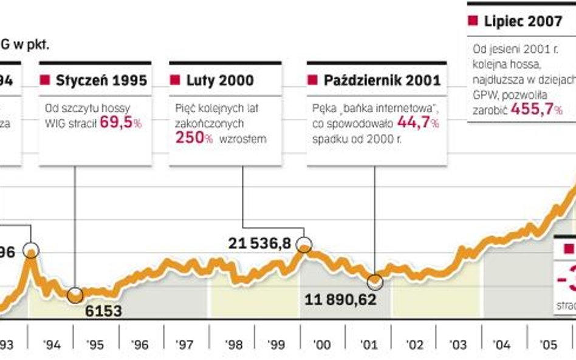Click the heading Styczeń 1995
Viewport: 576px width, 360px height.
pos(101,80)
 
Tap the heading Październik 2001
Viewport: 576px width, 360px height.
pos(382,80)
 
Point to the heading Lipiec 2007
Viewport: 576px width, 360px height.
pos(523,21)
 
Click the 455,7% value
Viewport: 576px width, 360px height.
pos(537,109)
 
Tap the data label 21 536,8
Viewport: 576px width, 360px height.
pos(261,243)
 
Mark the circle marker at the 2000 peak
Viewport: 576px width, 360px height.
pos(304,245)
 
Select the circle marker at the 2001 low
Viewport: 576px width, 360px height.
pos(375,281)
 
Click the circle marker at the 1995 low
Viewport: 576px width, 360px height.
pos(75,296)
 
